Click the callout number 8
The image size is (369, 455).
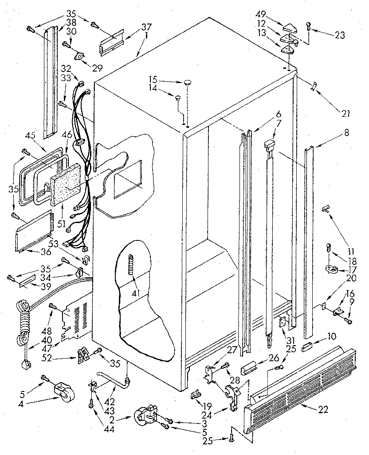pos(346,132)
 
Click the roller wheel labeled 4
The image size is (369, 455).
pos(63,391)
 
